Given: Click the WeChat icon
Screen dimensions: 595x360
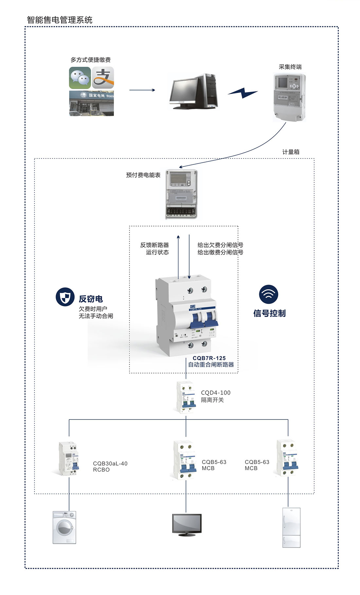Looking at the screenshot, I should pyautogui.click(x=80, y=78).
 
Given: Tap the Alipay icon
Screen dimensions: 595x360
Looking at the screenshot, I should pyautogui.click(x=103, y=78).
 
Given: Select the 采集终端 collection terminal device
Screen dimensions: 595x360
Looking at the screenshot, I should pyautogui.click(x=289, y=97).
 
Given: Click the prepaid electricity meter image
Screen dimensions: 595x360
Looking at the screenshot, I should pyautogui.click(x=181, y=194).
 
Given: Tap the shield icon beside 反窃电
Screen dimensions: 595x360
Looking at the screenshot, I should pyautogui.click(x=65, y=297).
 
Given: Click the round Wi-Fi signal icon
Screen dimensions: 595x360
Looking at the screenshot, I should pyautogui.click(x=268, y=294).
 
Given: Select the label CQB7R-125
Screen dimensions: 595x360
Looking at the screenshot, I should pyautogui.click(x=209, y=358).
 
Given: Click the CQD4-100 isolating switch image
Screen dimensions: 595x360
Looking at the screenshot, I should pyautogui.click(x=186, y=397).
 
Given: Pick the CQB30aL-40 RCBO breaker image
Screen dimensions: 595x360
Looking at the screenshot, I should pyautogui.click(x=69, y=458).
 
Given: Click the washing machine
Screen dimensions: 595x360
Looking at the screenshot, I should pyautogui.click(x=64, y=527).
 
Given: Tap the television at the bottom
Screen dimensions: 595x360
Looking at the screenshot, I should pyautogui.click(x=187, y=524).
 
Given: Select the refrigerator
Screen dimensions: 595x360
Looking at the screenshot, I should pyautogui.click(x=291, y=527).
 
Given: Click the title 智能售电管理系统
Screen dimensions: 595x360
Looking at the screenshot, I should pyautogui.click(x=60, y=20).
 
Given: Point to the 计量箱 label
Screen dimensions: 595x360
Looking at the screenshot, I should pyautogui.click(x=291, y=152).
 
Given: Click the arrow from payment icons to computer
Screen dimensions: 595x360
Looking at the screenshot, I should pyautogui.click(x=142, y=90).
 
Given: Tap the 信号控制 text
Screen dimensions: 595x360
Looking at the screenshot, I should pyautogui.click(x=269, y=313).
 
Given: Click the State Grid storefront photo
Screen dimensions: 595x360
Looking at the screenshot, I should pyautogui.click(x=91, y=103).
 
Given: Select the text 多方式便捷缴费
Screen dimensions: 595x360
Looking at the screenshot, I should pyautogui.click(x=91, y=60).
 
